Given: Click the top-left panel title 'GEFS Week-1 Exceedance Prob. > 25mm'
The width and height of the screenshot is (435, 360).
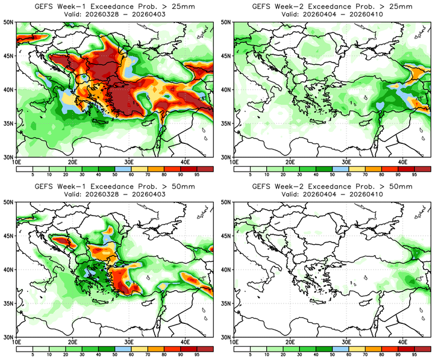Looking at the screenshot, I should click(114, 6).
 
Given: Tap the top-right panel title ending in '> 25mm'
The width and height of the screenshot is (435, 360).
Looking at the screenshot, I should click(331, 6).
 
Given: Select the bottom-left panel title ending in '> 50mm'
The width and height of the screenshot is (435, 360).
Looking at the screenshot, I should click(114, 187).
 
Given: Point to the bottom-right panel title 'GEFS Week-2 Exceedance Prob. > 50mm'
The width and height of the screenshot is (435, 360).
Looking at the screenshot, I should click(331, 187).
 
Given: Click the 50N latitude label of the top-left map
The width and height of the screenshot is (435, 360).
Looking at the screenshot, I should click(8, 22).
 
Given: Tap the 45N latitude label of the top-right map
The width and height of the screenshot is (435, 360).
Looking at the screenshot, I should click(227, 56).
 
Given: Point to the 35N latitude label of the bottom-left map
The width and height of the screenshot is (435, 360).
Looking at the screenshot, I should click(8, 303).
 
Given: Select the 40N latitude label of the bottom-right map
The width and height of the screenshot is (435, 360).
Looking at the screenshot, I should click(227, 270).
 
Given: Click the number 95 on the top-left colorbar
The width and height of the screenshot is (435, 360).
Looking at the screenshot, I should click(196, 175).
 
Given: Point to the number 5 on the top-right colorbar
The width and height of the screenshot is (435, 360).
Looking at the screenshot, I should click(249, 175).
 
